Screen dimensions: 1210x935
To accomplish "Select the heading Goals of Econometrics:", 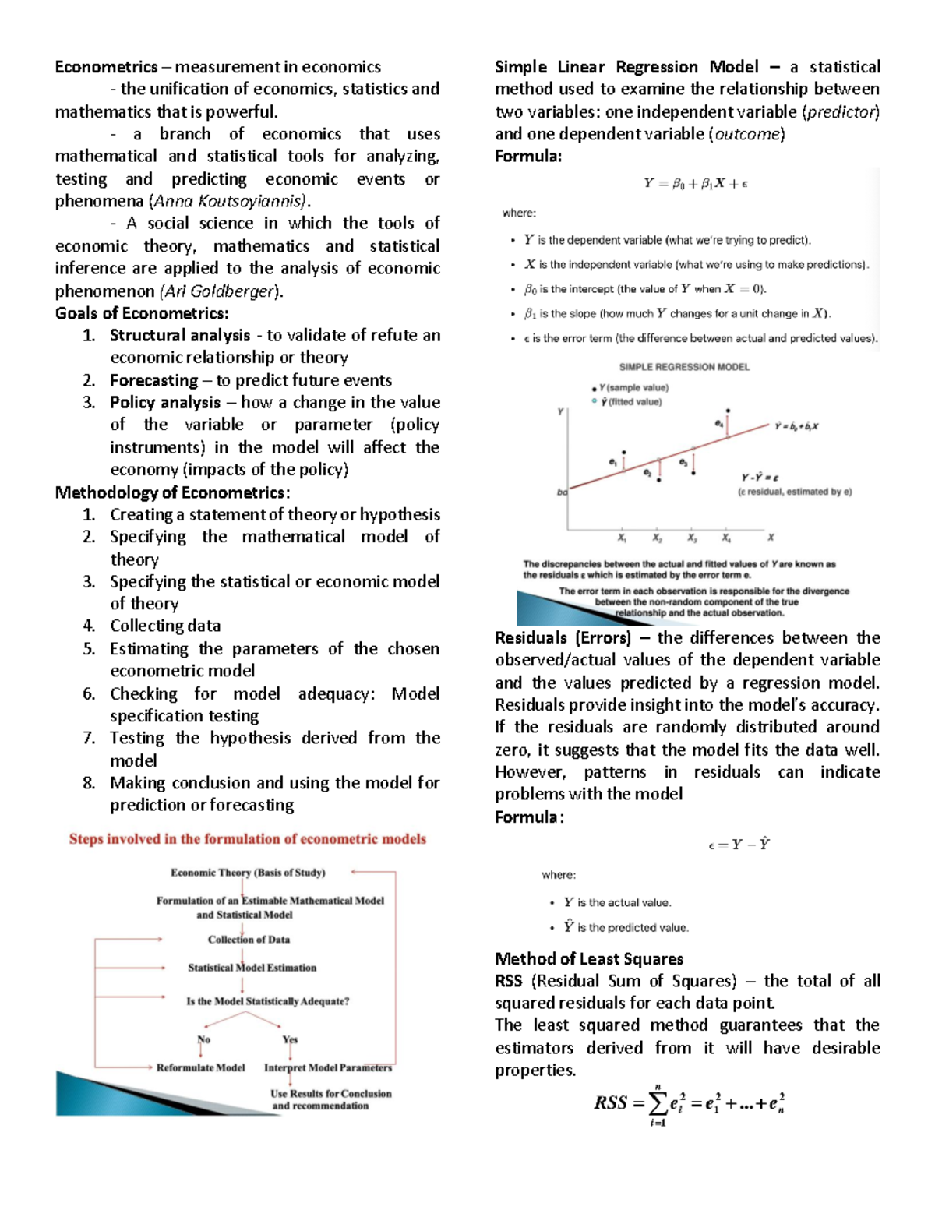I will [142, 313].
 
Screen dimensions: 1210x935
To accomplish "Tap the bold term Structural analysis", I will [180, 335].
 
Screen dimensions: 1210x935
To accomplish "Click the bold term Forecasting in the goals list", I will [153, 380].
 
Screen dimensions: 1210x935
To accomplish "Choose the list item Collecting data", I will [165, 626].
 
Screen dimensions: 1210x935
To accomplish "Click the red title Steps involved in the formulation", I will [247, 839].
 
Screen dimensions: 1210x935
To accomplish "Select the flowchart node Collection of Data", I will [249, 940].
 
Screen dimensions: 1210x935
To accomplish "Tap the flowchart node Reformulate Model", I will [200, 1067].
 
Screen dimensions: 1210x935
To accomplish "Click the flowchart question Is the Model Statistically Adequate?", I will [267, 1001].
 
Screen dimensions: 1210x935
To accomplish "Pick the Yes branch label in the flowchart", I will [290, 1039].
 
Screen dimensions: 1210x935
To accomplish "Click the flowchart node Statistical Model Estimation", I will [252, 968].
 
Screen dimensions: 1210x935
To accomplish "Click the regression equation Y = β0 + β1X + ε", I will [695, 184].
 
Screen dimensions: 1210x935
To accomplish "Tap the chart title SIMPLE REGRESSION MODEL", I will [684, 367].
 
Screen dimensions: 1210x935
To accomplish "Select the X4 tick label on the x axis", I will [726, 538].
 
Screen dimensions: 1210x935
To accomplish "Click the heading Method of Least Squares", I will [589, 959].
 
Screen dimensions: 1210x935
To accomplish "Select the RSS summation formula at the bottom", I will [689, 1104].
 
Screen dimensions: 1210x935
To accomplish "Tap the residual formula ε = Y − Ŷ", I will [739, 845].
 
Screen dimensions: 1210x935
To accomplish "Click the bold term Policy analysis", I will [165, 402].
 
